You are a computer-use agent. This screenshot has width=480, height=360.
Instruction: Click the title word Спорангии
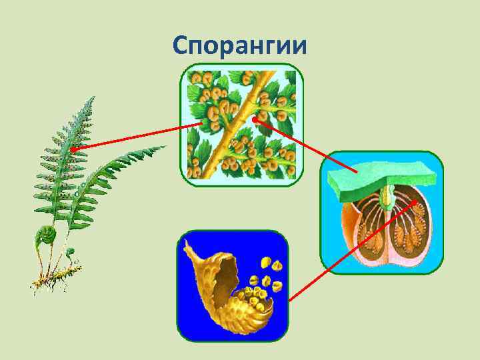pos(239,46)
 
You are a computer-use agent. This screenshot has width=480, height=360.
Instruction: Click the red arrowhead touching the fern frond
pos(73,150)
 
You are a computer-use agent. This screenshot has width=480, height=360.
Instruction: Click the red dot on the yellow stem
pos(255,119)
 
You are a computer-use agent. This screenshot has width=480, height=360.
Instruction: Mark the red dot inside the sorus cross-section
pos(416,203)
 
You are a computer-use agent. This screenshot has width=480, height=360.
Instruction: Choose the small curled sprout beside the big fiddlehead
pos(69,254)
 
